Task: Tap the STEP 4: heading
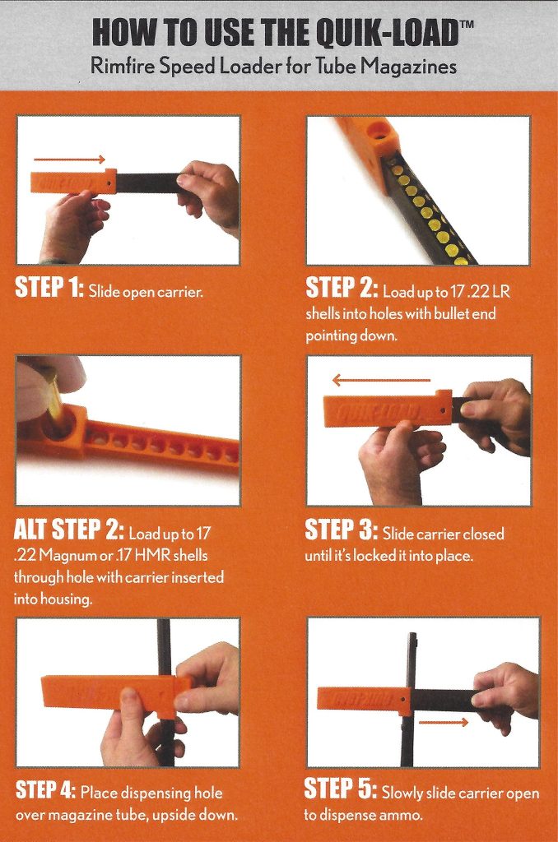tap(46, 792)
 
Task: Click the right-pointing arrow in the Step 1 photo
tap(69, 160)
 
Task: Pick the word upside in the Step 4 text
tap(174, 816)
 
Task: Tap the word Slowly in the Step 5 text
tap(406, 793)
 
